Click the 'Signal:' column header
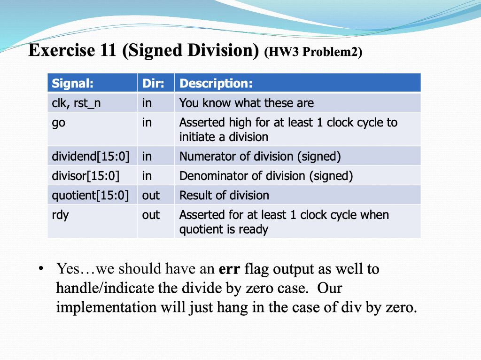72,84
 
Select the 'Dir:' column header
153,84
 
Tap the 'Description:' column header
216,84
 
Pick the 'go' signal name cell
59,123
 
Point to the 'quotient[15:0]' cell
90,195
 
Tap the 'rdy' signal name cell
60,215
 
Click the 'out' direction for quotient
151,195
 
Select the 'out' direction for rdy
151,215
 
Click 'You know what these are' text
246,103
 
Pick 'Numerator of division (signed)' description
260,156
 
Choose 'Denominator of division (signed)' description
266,176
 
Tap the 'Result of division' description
224,195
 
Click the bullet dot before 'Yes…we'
42,269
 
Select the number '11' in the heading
107,50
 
